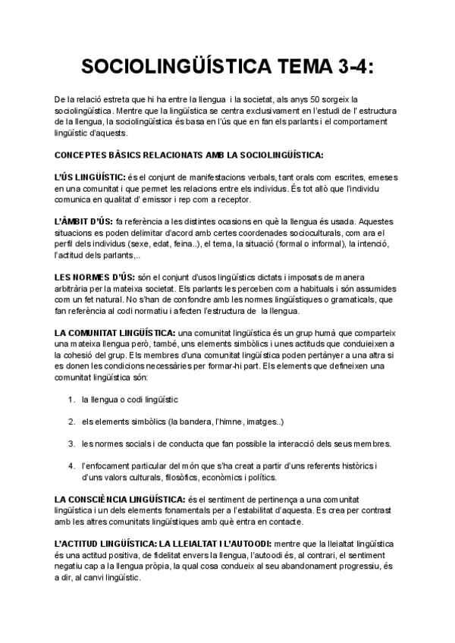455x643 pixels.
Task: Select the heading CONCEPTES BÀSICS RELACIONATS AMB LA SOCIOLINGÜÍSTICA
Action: coord(190,156)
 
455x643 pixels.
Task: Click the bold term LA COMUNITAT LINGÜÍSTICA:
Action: coord(114,334)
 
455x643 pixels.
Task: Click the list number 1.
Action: coord(71,400)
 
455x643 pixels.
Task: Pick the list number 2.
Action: coord(71,422)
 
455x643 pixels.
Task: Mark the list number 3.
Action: coord(71,444)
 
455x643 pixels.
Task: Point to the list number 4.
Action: coord(71,466)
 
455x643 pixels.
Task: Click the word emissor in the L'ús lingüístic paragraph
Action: coord(192,199)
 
